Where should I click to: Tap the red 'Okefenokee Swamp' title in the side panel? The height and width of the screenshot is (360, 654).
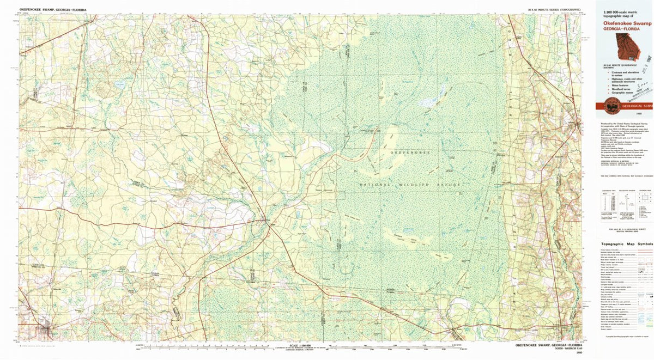tap(627, 31)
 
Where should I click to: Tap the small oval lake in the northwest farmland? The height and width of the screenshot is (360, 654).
tap(119, 84)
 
